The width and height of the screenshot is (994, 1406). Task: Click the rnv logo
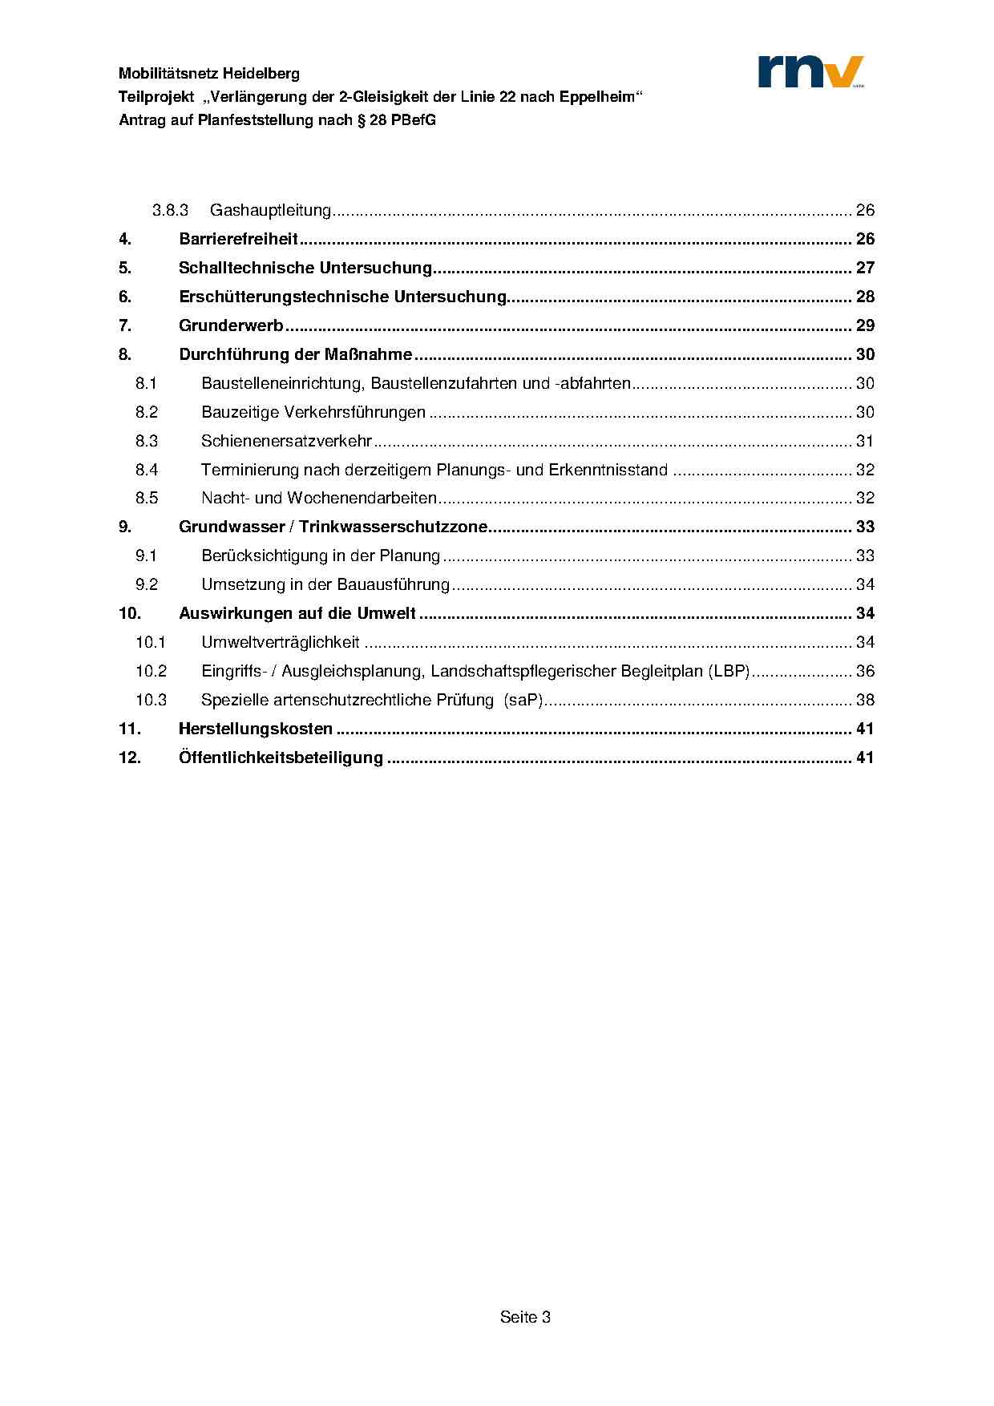[x=810, y=71]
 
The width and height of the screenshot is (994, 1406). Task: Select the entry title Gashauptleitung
[x=270, y=210]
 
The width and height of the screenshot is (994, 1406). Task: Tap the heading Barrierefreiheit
[x=238, y=239]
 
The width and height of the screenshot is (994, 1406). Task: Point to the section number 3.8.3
[x=170, y=210]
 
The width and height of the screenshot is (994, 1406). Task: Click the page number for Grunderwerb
[x=865, y=325]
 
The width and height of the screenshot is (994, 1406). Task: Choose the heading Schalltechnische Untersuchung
[x=305, y=268]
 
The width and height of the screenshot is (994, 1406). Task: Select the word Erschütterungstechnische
[x=284, y=297]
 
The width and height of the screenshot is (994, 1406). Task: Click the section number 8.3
[x=147, y=441]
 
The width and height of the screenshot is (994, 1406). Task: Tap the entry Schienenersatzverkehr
[x=286, y=441]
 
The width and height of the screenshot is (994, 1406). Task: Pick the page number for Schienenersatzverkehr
[x=865, y=441]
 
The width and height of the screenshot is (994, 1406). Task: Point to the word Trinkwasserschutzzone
[x=394, y=527]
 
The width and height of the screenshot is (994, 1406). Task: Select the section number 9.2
[x=147, y=584]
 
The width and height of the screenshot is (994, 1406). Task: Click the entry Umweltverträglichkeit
[x=281, y=642]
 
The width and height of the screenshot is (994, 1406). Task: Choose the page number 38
[x=865, y=700]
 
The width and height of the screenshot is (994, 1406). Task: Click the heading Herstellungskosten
[x=255, y=729]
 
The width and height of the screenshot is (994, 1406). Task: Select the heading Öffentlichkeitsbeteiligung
[x=281, y=758]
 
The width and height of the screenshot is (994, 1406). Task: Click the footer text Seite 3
[x=525, y=1317]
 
